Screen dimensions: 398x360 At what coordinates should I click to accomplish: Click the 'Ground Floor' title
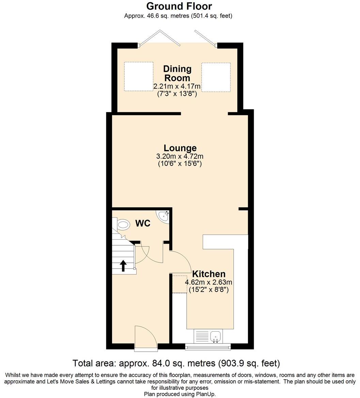(x=179, y=6)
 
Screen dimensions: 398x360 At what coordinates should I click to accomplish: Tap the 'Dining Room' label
(x=177, y=73)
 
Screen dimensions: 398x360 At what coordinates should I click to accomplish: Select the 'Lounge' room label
(x=180, y=148)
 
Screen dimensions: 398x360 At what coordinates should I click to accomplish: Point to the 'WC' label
(x=143, y=224)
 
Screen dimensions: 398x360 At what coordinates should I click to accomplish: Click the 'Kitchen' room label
(x=208, y=274)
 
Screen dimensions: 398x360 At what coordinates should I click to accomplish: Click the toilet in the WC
(x=123, y=225)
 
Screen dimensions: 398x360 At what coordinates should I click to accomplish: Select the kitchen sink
(x=215, y=336)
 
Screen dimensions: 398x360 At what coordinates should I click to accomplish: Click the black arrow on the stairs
(x=123, y=265)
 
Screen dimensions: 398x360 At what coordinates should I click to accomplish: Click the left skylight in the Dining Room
(x=138, y=77)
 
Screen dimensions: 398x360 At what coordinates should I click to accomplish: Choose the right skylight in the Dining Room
(x=216, y=77)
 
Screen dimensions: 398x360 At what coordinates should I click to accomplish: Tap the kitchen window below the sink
(x=208, y=347)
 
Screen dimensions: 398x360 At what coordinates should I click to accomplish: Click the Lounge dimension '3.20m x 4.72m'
(x=180, y=157)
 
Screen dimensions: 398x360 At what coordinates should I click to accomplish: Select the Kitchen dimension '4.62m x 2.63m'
(x=208, y=282)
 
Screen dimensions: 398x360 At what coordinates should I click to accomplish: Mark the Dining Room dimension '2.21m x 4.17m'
(x=177, y=87)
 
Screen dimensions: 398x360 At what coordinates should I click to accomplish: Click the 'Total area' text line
(x=176, y=363)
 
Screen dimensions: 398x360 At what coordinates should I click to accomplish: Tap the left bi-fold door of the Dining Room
(x=159, y=37)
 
